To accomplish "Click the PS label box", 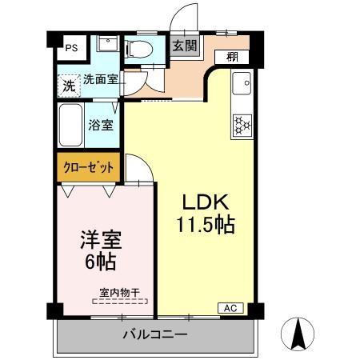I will click(x=71, y=46).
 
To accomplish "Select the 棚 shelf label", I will click(x=231, y=57).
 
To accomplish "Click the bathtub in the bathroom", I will click(x=72, y=124).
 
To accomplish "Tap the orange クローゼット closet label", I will click(x=89, y=168).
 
